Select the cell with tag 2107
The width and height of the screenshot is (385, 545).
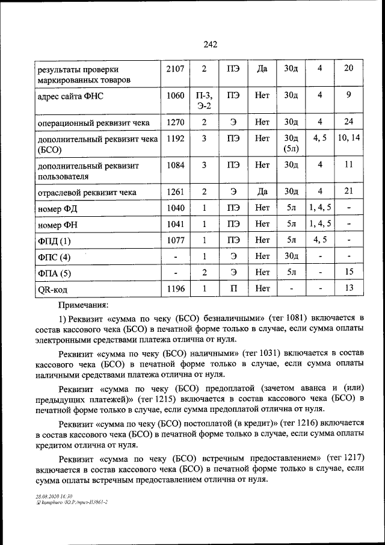[175, 68]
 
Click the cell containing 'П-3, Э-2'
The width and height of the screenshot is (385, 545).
[203, 100]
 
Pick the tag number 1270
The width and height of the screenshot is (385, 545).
[175, 122]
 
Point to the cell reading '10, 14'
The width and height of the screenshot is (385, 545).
[348, 138]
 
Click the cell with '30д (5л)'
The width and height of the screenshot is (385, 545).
[291, 143]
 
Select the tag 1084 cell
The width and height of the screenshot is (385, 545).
[175, 164]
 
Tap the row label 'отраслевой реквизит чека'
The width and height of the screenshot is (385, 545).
[87, 193]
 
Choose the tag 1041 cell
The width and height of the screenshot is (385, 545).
[175, 225]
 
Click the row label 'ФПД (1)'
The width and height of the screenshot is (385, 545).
[54, 241]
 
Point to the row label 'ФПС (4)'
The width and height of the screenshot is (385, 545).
[54, 257]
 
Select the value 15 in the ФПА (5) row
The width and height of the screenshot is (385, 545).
[348, 273]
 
